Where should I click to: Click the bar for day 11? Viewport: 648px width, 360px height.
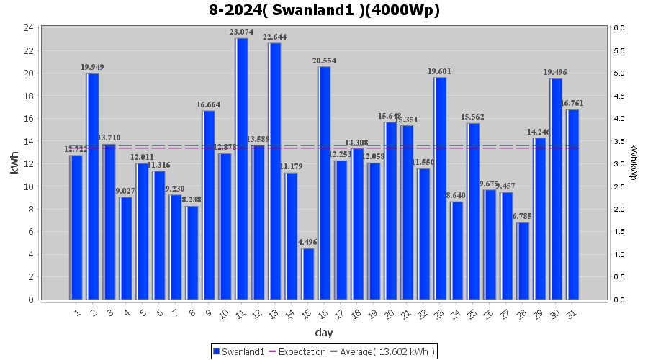[242, 169]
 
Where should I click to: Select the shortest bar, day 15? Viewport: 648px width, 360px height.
[308, 274]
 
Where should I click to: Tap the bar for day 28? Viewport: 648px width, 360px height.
[523, 261]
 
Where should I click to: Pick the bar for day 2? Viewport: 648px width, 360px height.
[93, 186]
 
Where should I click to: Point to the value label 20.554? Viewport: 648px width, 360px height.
[324, 60]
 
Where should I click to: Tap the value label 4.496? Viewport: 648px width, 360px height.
[308, 242]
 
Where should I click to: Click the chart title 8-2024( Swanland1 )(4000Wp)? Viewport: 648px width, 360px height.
[324, 10]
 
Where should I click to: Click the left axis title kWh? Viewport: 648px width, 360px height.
[15, 163]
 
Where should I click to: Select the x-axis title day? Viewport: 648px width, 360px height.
[324, 333]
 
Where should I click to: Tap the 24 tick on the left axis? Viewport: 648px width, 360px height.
[28, 28]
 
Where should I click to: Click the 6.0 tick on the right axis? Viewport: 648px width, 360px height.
[619, 28]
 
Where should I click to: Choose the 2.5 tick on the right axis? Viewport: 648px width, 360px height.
[619, 186]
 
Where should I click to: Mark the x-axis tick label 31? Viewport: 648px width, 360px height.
[571, 312]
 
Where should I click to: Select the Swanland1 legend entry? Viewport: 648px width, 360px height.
[237, 351]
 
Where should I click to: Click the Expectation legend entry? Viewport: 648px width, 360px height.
[294, 351]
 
